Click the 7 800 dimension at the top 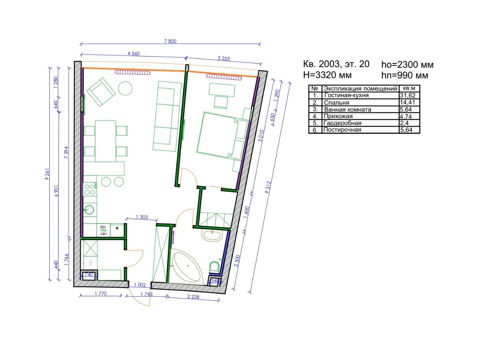(170, 41)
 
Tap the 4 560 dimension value (134, 53)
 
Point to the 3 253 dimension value (223, 58)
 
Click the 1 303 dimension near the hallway (142, 217)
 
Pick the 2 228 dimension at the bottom (193, 297)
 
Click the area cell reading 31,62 (407, 95)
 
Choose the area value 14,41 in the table (407, 102)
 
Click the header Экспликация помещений (360, 88)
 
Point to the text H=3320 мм (327, 75)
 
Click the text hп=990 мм (405, 75)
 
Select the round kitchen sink (89, 210)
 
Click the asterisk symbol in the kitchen (117, 229)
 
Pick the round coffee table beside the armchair (125, 88)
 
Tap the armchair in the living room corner (101, 92)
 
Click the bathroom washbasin (212, 236)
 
